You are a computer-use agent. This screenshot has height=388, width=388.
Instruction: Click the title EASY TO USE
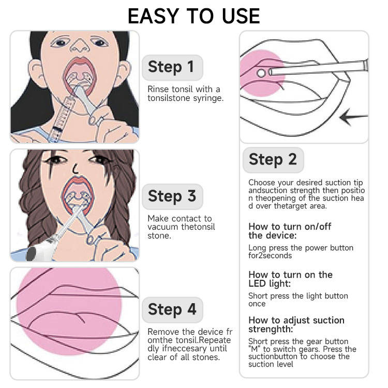pos(194,17)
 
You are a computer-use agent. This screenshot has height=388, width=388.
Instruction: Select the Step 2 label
pos(273,160)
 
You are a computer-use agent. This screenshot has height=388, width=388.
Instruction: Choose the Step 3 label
pos(172,197)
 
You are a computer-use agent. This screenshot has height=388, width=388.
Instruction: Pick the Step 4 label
pos(172,310)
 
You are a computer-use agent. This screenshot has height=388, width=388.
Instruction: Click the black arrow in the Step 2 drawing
pos(354,117)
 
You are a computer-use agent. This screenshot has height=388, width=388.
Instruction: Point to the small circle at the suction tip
pos(261,73)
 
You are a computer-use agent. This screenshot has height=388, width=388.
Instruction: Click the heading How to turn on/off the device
pos(290,231)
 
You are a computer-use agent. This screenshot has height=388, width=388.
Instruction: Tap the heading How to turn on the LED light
pos(291,279)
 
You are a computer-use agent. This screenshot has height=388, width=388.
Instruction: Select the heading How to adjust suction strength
pos(296,324)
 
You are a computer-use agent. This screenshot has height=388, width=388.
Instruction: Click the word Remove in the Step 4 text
pos(163,332)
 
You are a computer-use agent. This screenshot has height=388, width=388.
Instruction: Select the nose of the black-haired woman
pos(80,46)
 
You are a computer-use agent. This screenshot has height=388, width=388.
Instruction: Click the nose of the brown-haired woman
pos(76,169)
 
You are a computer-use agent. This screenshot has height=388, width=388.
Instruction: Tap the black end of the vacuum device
pos(31,254)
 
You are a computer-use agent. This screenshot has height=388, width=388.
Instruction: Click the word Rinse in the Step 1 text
pos(158,89)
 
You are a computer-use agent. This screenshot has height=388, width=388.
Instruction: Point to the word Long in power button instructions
pos(257,248)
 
